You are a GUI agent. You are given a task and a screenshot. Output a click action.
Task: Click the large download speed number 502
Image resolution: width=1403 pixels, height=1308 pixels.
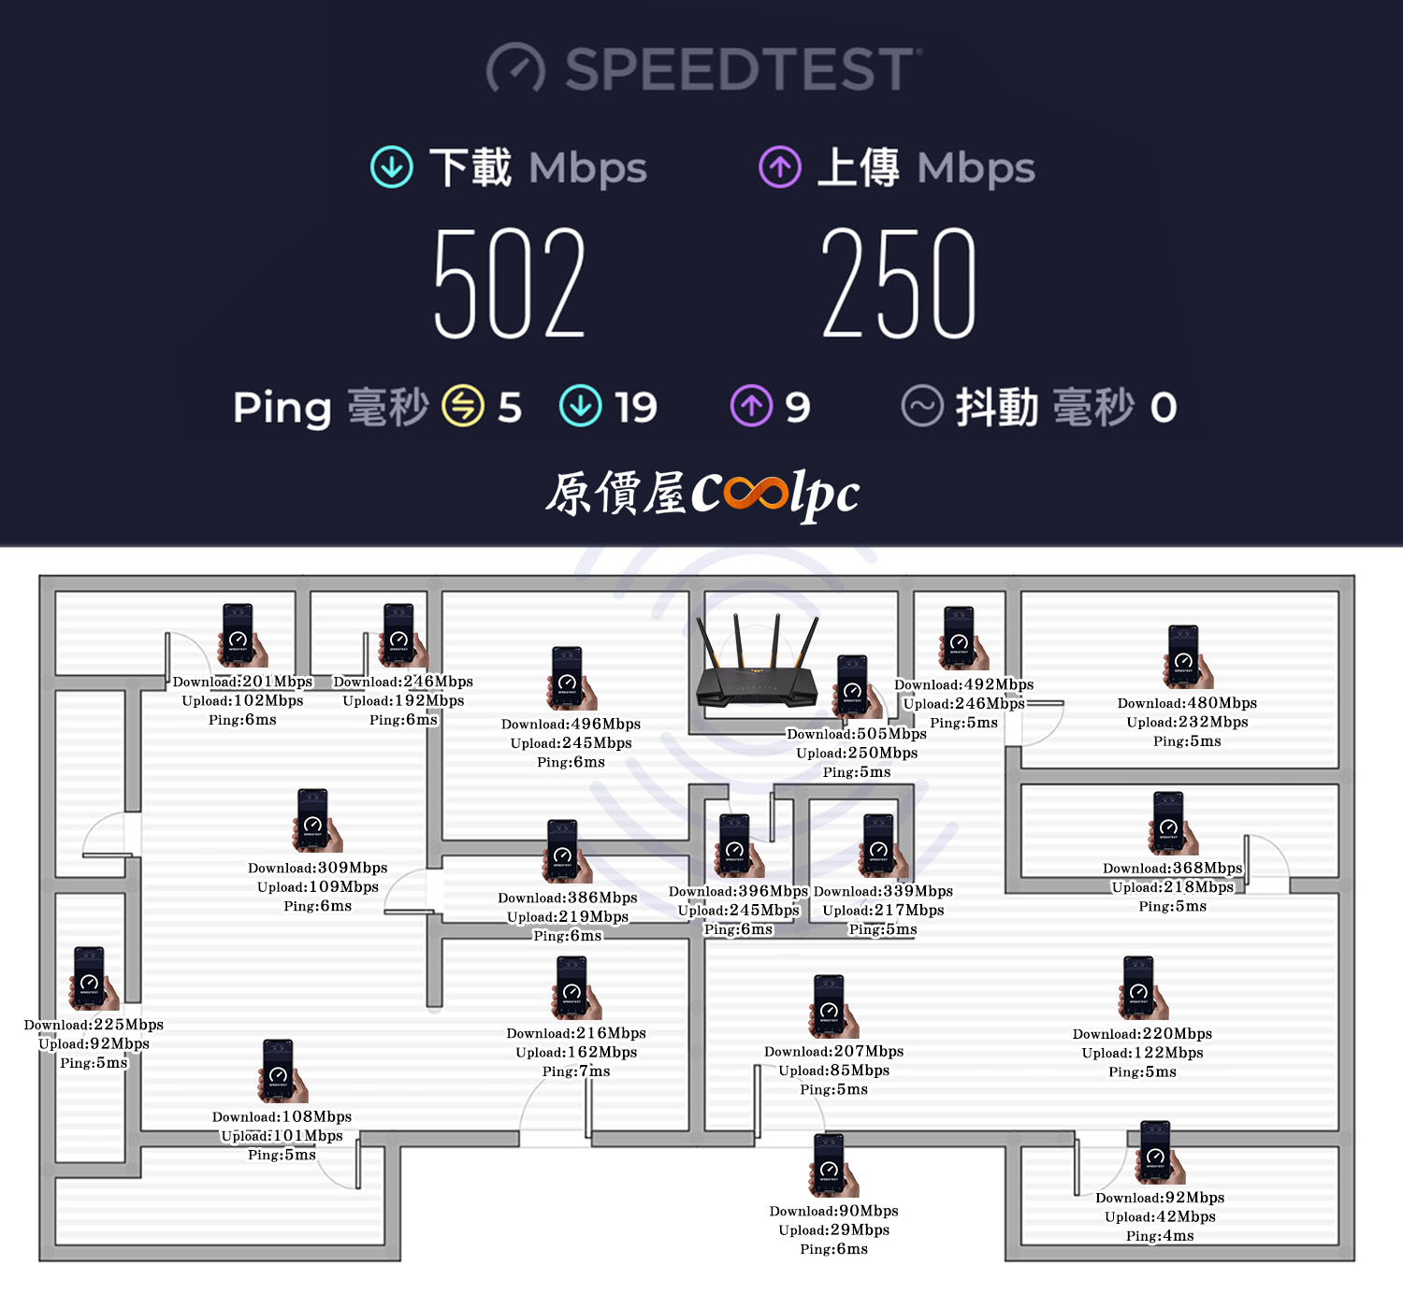510,281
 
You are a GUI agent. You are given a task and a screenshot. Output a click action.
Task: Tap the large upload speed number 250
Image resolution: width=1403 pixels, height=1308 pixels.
899,281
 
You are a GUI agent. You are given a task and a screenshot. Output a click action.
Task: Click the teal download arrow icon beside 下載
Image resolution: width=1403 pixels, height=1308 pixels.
391,166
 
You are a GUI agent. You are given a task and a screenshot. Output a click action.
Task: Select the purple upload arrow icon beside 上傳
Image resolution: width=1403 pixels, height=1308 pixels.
780,166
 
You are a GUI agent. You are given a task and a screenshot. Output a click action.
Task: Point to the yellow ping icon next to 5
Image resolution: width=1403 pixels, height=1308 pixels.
463,406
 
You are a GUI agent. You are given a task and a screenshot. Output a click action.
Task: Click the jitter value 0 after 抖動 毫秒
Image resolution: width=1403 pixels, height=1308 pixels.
1163,408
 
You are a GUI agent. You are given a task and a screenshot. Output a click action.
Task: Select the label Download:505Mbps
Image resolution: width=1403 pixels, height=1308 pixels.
856,734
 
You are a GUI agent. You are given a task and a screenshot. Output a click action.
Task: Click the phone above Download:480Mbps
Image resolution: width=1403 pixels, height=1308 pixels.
1188,656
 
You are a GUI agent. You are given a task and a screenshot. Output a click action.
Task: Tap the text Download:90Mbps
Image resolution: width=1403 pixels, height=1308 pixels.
833,1211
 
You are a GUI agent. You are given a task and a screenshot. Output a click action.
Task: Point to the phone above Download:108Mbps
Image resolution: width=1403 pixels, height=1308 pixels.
282,1071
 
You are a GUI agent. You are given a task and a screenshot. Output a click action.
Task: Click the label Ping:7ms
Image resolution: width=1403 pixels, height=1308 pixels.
576,1071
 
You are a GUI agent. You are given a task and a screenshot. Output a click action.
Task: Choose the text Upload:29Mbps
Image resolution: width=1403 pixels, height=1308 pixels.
833,1229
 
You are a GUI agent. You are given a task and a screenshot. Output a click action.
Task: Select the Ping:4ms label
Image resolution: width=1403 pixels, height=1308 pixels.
1159,1235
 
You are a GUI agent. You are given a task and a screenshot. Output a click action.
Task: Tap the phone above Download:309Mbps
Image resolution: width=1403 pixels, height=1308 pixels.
316,820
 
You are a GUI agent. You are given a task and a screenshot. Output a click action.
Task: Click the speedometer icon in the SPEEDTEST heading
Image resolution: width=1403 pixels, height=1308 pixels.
515,68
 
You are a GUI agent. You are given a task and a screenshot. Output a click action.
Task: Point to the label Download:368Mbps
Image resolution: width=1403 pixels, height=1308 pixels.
1172,868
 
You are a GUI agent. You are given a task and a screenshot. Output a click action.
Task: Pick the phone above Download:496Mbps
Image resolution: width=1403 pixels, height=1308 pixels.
571,678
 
